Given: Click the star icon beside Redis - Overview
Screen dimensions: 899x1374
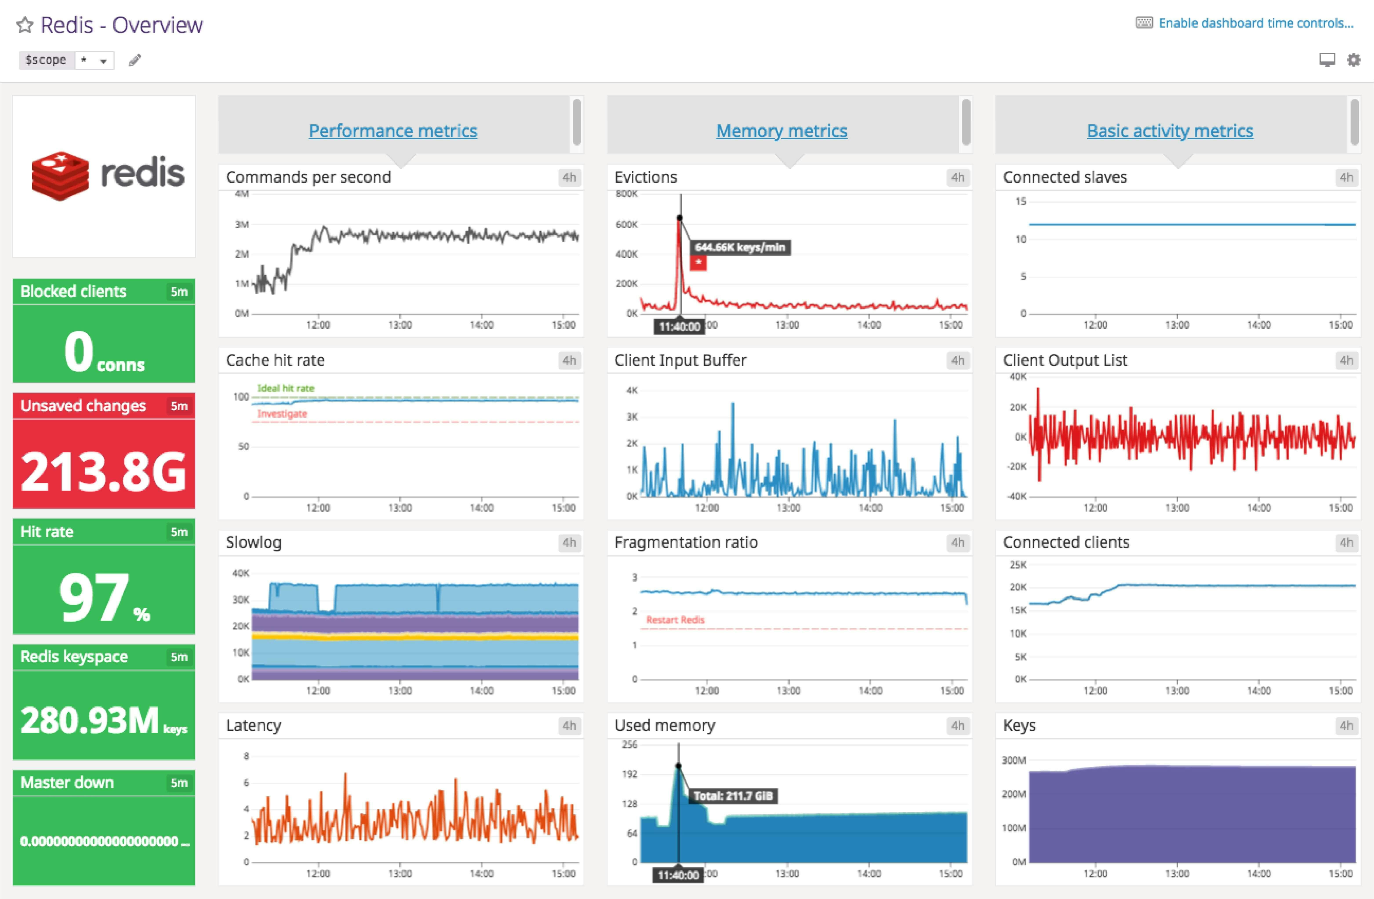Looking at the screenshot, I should pos(24,25).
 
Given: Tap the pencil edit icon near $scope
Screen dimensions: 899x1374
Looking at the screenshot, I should pos(135,60).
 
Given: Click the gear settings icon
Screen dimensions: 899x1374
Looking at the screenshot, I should pos(1354,60).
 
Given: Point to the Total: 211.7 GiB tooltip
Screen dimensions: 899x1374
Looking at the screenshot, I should pos(733,796).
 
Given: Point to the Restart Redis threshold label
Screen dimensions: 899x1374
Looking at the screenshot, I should pos(675,620).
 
